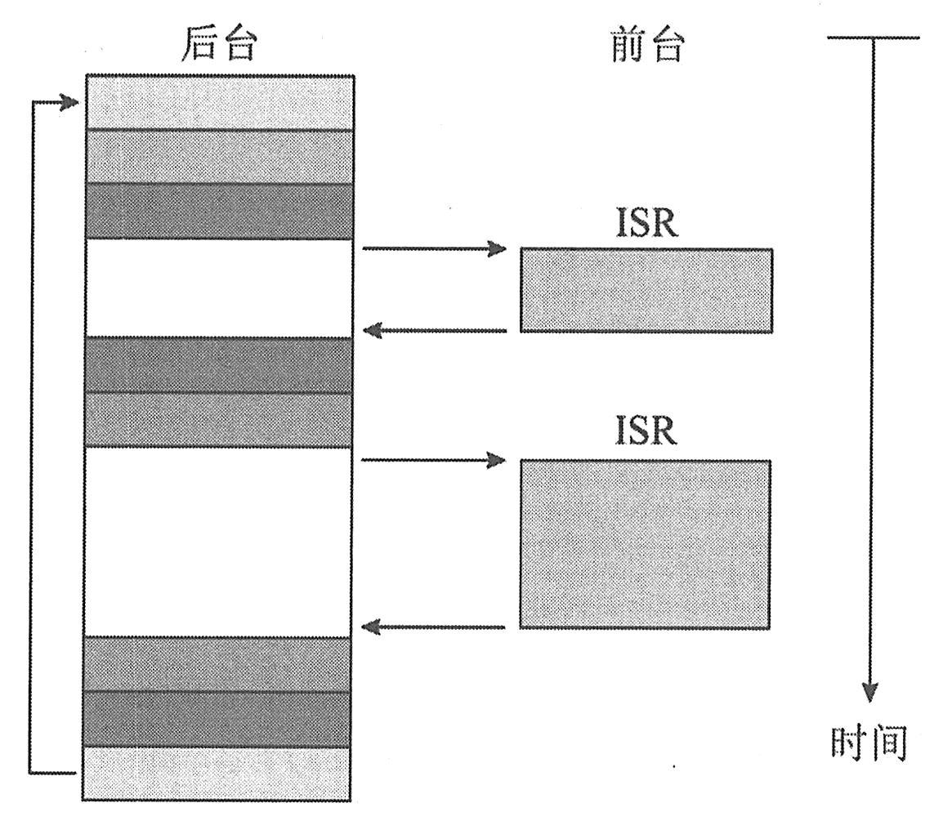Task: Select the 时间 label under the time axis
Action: (x=869, y=744)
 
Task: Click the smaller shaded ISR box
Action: (x=646, y=290)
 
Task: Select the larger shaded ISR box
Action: (x=645, y=544)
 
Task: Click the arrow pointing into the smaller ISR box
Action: (x=434, y=248)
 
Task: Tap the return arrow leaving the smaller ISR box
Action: (x=434, y=331)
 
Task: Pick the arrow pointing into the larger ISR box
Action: (x=434, y=461)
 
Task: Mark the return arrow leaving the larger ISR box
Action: (x=434, y=627)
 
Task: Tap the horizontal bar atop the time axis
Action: (x=874, y=38)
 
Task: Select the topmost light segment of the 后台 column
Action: (x=219, y=102)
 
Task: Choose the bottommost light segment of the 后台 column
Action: (x=217, y=774)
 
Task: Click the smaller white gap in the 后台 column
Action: (x=219, y=288)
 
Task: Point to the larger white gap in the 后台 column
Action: (x=218, y=542)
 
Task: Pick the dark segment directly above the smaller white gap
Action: (x=219, y=211)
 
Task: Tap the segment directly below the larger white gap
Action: (x=217, y=664)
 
